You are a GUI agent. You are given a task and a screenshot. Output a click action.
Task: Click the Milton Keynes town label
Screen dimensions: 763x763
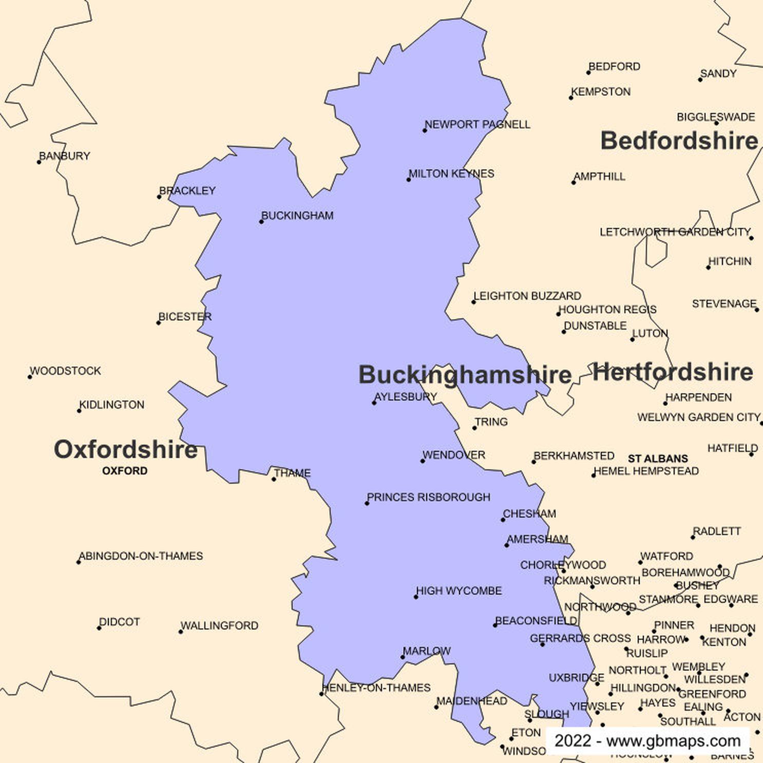pyautogui.click(x=451, y=174)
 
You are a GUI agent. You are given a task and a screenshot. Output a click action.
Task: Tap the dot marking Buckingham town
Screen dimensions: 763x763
pyautogui.click(x=261, y=222)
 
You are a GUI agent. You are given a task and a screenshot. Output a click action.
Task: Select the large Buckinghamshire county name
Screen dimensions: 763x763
pyautogui.click(x=465, y=374)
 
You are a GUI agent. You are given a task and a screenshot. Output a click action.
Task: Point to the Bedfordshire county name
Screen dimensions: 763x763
pyautogui.click(x=679, y=141)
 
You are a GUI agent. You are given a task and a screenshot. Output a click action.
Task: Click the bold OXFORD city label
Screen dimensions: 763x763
pyautogui.click(x=125, y=471)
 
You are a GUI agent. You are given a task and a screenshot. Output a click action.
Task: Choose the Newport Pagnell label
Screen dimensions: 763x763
pyautogui.click(x=478, y=124)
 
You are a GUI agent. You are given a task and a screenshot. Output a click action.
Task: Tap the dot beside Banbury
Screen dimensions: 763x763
pyautogui.click(x=39, y=162)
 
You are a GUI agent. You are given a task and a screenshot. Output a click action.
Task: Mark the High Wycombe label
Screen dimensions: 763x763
pyautogui.click(x=459, y=590)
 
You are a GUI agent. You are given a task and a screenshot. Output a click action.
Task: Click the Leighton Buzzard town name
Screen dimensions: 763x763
pyautogui.click(x=527, y=296)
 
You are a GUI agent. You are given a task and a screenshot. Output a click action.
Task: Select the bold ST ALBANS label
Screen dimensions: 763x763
pyautogui.click(x=658, y=459)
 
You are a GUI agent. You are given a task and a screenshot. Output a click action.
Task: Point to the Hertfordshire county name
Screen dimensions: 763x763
pyautogui.click(x=673, y=372)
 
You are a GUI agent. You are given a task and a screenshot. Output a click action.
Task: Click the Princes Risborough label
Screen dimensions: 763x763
pyautogui.click(x=429, y=497)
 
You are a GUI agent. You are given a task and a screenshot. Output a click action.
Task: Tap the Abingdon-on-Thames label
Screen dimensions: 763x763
pyautogui.click(x=141, y=556)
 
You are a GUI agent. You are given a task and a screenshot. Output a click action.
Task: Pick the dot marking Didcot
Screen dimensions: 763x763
pyautogui.click(x=99, y=628)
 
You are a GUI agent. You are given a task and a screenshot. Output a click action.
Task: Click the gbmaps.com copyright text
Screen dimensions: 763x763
pyautogui.click(x=647, y=741)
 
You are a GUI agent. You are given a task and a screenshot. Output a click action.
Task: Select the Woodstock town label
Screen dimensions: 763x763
pyautogui.click(x=65, y=371)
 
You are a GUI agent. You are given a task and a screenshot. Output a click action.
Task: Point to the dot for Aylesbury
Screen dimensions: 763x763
pyautogui.click(x=374, y=403)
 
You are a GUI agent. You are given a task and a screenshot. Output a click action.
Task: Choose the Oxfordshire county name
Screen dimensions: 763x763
pyautogui.click(x=126, y=449)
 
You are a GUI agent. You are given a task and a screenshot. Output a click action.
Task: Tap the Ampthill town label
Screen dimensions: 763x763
pyautogui.click(x=600, y=177)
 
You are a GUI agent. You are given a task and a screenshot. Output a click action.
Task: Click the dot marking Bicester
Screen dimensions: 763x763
pyautogui.click(x=159, y=322)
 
